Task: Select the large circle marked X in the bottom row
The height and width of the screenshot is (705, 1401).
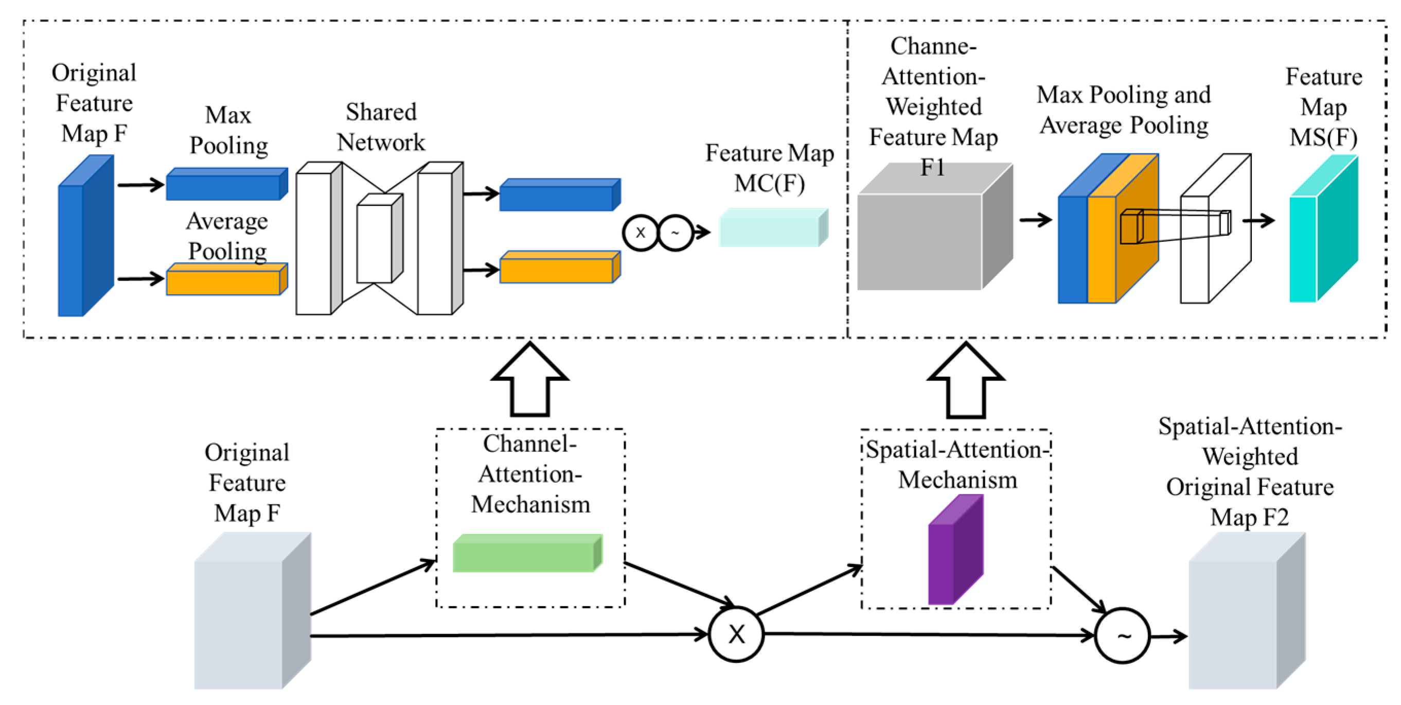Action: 736,634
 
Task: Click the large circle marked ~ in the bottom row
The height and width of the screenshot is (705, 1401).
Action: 1123,636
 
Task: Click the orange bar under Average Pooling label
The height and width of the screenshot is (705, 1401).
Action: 226,279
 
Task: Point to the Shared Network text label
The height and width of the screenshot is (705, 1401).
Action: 381,127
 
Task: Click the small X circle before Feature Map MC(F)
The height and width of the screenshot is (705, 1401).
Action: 641,233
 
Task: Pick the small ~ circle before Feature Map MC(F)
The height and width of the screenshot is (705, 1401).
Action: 676,233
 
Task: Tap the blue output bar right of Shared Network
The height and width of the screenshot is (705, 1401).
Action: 560,195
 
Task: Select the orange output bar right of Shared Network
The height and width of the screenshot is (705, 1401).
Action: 560,267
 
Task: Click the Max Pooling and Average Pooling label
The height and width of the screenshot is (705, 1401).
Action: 1124,110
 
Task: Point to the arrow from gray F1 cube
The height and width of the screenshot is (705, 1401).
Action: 1036,220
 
